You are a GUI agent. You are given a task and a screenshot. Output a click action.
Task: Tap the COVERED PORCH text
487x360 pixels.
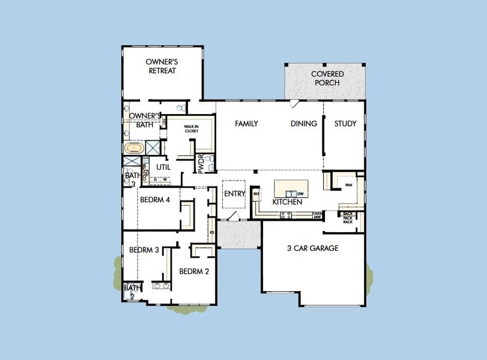pyautogui.click(x=327, y=78)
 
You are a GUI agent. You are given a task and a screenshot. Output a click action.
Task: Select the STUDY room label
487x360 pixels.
pyautogui.click(x=345, y=124)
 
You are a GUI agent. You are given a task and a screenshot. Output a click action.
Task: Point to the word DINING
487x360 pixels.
pyautogui.click(x=303, y=124)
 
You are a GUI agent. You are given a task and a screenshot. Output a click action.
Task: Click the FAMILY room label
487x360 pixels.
pyautogui.click(x=246, y=124)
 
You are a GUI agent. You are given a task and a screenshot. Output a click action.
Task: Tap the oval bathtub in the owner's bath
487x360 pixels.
pyautogui.click(x=133, y=147)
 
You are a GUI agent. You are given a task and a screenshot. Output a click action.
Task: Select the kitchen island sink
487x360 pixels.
pyautogui.click(x=291, y=194)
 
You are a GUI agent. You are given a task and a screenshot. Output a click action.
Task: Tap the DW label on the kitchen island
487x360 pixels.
pyautogui.click(x=300, y=194)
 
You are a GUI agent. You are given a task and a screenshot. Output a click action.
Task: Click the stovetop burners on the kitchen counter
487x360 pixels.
pyautogui.click(x=286, y=214)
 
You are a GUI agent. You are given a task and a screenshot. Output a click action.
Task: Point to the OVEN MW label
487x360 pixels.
pyautogui.click(x=317, y=214)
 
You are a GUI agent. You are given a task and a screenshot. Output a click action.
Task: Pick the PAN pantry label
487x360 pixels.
pyautogui.click(x=348, y=185)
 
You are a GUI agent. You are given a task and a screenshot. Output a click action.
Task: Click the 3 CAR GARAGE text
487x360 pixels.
pyautogui.click(x=312, y=248)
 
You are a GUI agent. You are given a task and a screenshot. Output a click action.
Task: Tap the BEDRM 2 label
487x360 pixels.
pyautogui.click(x=194, y=271)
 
